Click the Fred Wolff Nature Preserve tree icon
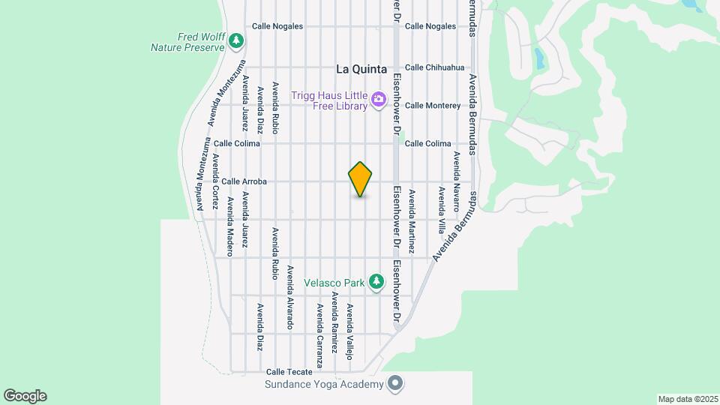(x=237, y=39)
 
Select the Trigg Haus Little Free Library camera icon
(x=379, y=98)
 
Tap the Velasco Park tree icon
(x=376, y=283)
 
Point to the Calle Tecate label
(x=286, y=372)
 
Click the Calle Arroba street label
(x=244, y=181)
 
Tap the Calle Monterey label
(x=433, y=105)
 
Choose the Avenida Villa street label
(x=442, y=211)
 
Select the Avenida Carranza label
(x=319, y=335)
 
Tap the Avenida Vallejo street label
(x=349, y=331)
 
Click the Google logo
(x=25, y=396)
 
